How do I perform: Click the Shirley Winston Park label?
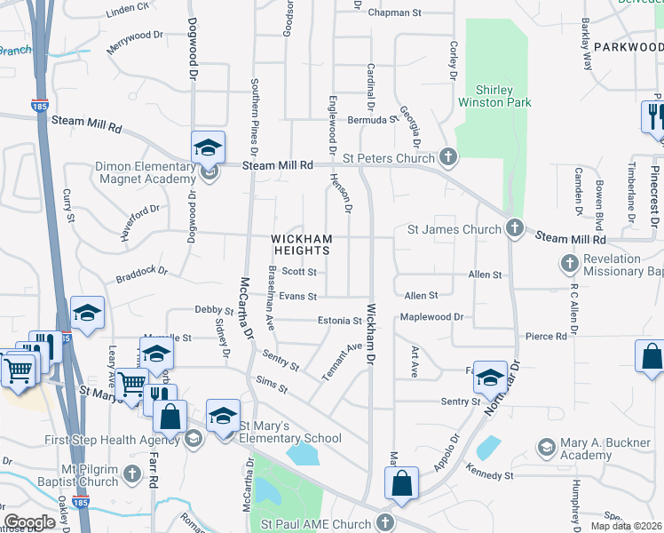coord(494,96)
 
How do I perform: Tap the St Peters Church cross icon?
coord(448,158)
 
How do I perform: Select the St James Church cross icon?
coord(514,229)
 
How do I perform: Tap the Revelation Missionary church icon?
coord(569,263)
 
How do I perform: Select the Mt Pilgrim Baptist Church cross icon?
coord(133,473)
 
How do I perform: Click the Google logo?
coord(30,522)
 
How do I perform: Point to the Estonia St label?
coord(340,321)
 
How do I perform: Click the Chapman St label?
coord(394,13)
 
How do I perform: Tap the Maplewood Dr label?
coord(432,316)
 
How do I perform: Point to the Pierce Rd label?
coord(546,337)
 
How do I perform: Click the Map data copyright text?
coord(626,526)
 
